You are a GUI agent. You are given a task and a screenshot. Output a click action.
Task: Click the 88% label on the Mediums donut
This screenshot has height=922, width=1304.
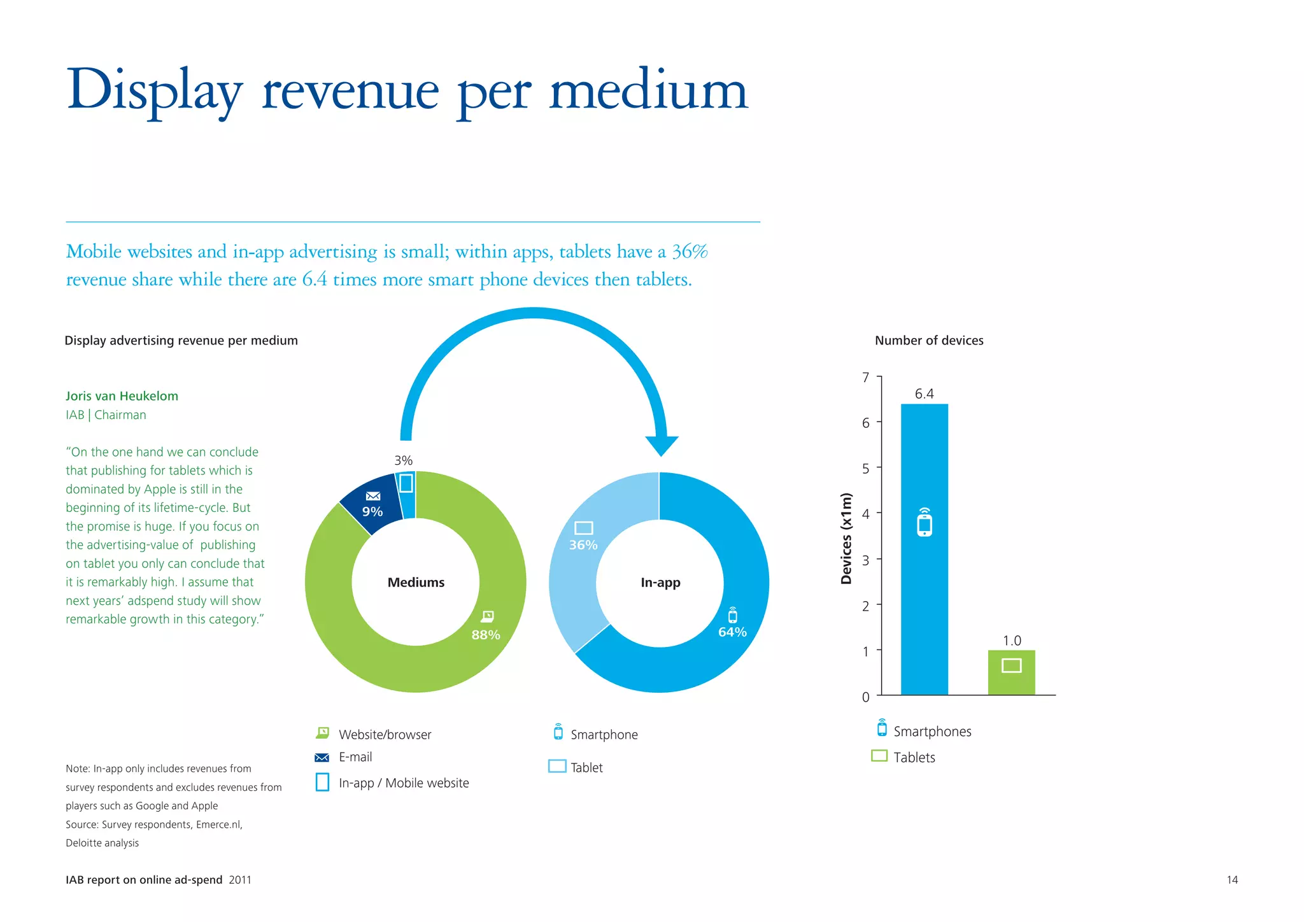pos(485,635)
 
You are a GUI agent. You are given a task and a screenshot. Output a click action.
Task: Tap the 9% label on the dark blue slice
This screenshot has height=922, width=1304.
pos(372,512)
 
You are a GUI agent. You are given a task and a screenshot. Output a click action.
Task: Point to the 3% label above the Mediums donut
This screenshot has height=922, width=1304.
pos(404,460)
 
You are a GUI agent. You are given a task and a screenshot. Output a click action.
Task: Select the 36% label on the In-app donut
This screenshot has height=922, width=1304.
pos(583,545)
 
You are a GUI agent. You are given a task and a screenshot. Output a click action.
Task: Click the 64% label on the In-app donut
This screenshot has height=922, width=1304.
pos(732,632)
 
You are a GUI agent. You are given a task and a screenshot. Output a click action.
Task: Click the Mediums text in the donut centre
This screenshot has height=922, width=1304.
pos(416,583)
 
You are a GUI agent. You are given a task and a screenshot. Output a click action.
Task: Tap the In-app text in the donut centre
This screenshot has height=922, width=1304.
pos(660,583)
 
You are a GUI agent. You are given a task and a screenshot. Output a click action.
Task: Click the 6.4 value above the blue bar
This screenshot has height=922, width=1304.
pos(924,394)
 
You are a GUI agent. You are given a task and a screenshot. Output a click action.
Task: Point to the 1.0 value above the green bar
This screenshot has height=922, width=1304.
pos(1012,641)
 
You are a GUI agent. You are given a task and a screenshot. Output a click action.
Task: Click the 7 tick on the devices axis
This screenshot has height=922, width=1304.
pos(865,378)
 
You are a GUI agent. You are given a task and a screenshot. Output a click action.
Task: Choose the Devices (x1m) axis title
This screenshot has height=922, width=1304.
pos(846,539)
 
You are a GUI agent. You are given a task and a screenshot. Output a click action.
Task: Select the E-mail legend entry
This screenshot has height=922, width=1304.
pos(355,757)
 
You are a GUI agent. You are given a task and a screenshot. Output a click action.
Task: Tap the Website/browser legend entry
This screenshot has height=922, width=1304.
pos(385,735)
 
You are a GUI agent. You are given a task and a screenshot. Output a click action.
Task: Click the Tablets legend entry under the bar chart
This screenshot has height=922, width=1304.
pos(914,758)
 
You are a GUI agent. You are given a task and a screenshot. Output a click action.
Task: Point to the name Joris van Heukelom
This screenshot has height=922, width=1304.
pos(122,396)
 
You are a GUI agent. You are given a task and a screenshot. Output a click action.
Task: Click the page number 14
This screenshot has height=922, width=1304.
pos(1232,880)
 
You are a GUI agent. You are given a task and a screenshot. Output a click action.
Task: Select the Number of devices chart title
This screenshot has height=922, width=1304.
pos(929,341)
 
